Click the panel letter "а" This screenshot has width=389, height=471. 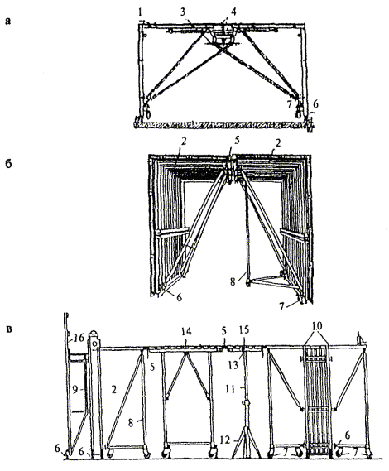pos(8,22)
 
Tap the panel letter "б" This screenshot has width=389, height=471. pos(9,164)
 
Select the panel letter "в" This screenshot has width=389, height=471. pos(9,329)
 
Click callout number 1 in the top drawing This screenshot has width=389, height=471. pos(140,12)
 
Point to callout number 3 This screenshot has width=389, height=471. pos(183,12)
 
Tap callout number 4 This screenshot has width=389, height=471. pos(233,12)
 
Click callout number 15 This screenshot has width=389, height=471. pos(244,329)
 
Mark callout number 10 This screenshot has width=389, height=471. pos(317,325)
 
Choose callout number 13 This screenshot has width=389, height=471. pos(233,365)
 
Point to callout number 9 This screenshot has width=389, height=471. pos(74,389)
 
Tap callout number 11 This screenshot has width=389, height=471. pos(230,388)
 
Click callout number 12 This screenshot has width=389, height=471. pos(225,440)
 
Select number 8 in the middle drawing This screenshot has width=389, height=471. pos(233,282)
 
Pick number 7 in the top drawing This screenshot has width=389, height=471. pos(290,105)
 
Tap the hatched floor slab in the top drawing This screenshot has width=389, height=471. pos(223,125)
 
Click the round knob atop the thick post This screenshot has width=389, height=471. pos(94,334)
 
